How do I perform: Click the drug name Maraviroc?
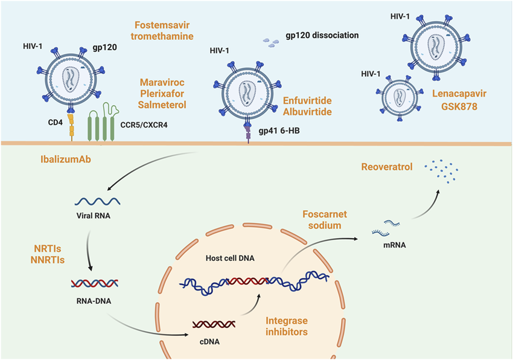162,82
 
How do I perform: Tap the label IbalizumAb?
66,159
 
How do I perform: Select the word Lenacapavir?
459,94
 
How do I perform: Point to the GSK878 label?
459,106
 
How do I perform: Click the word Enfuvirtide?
307,100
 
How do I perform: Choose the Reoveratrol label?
387,167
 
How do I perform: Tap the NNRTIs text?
48,260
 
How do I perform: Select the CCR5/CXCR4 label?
144,125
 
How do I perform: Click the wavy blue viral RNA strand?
98,201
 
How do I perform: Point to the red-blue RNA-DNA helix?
95,283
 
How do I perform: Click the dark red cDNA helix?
214,324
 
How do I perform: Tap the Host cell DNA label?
230,258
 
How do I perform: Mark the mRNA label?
395,245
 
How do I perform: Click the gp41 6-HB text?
279,131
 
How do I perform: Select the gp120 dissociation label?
322,35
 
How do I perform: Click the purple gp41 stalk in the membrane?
248,133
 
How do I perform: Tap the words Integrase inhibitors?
287,326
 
